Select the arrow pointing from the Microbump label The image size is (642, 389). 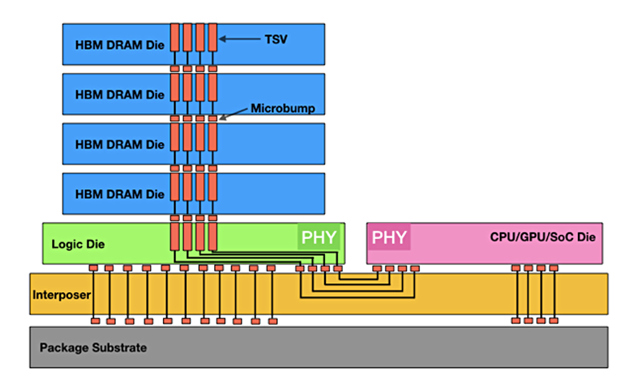[x=233, y=114]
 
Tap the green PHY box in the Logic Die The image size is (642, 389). [x=319, y=237]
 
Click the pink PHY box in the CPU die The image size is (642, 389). [x=388, y=237]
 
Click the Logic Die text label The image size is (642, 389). [x=78, y=244]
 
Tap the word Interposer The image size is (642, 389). [x=60, y=294]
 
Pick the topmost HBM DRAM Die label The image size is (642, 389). [x=119, y=45]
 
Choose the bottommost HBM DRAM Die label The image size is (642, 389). [x=119, y=194]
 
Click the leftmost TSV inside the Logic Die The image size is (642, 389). [x=174, y=237]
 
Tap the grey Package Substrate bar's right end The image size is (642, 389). [x=602, y=346]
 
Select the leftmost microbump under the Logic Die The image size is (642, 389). [x=93, y=268]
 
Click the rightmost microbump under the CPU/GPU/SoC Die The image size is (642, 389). [x=554, y=268]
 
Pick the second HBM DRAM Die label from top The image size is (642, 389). [x=119, y=95]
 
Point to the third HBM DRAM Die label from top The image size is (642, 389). [x=119, y=144]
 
